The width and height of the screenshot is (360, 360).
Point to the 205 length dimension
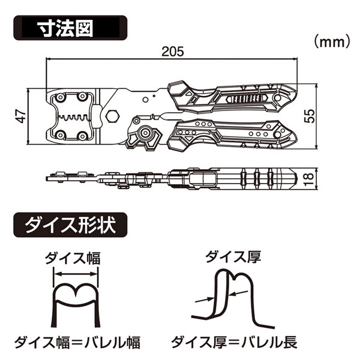(172, 52)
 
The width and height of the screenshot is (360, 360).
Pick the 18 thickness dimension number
(310, 178)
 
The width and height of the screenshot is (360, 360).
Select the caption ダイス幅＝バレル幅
(77, 343)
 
